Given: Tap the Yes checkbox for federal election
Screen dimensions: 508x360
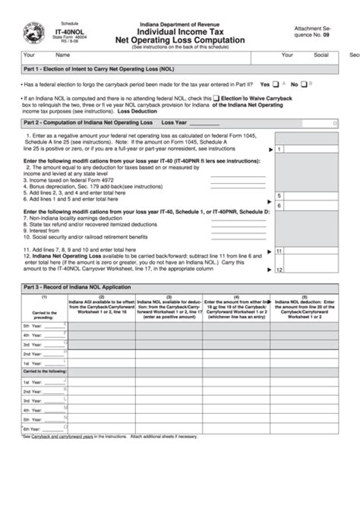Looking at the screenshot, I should (278, 84).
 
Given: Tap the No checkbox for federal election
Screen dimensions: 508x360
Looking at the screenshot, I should (303, 84).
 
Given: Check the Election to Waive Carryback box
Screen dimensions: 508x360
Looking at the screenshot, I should (217, 98).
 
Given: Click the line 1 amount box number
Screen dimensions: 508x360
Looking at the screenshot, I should (279, 150).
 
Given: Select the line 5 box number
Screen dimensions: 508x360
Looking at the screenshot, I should (279, 194).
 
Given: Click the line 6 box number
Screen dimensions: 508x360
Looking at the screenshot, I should (279, 205).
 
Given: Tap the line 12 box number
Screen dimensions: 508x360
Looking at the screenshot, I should (279, 270).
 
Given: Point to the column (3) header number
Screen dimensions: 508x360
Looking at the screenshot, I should (169, 297).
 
